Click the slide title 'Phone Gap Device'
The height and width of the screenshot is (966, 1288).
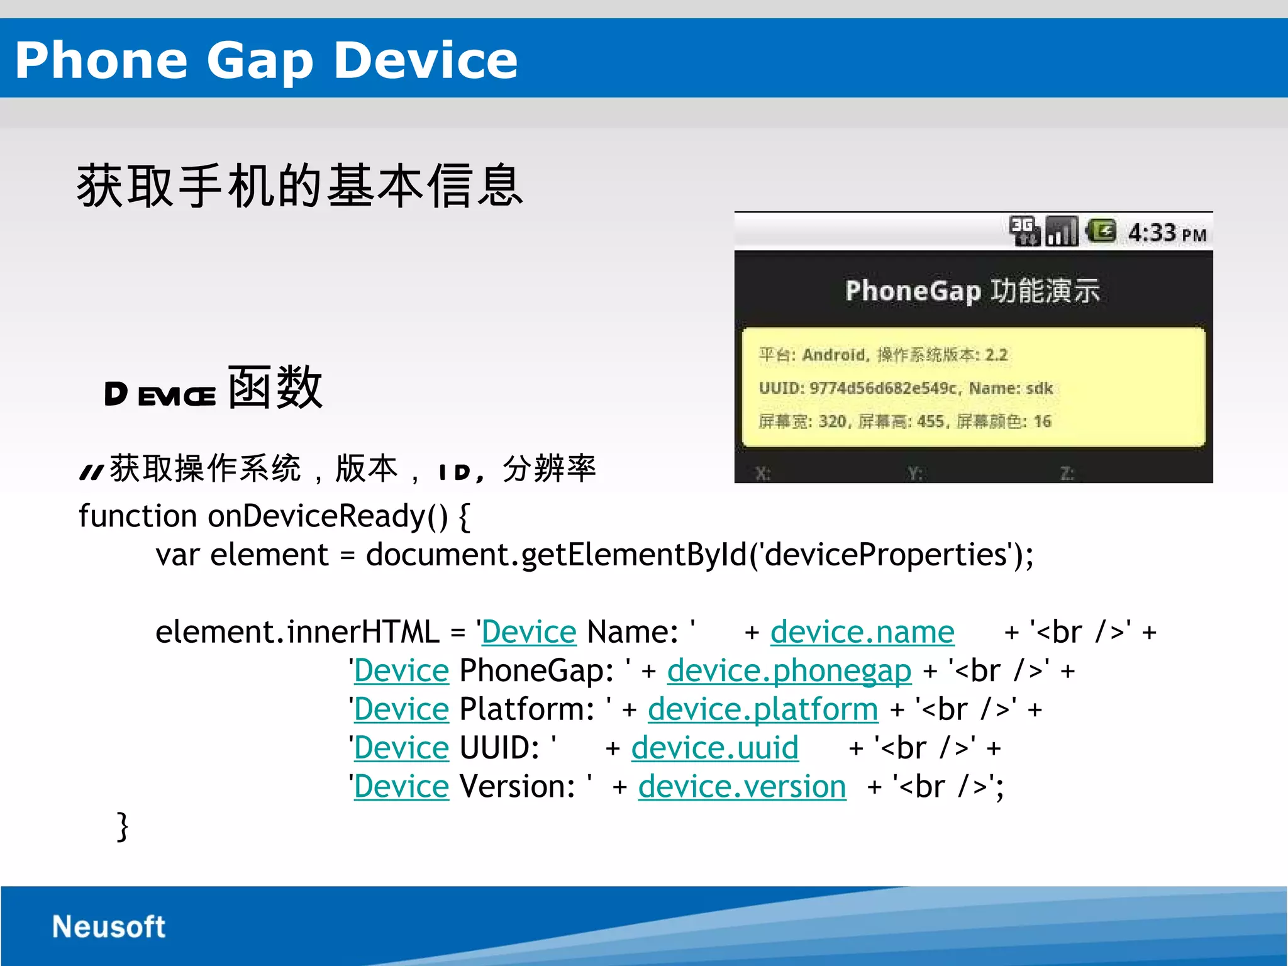(x=266, y=60)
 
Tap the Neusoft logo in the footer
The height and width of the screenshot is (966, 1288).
(x=108, y=926)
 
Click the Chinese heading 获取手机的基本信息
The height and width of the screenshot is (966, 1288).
(x=299, y=186)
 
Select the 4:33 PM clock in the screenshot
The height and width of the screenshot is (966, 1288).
(x=1167, y=233)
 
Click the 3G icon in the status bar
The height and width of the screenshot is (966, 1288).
(x=1024, y=231)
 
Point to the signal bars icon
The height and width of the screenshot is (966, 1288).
(x=1062, y=231)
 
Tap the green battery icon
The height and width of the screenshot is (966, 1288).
(x=1101, y=231)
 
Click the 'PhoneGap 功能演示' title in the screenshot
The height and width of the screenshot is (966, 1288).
(x=972, y=291)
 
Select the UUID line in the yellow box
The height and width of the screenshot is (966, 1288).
(x=906, y=388)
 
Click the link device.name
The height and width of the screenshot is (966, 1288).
(x=862, y=631)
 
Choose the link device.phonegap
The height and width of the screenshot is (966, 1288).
(x=789, y=670)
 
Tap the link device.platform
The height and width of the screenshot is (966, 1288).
(x=763, y=709)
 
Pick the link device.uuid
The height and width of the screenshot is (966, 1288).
(x=715, y=748)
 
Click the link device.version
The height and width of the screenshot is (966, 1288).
(x=742, y=787)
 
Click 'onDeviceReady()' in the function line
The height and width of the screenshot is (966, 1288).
(x=328, y=516)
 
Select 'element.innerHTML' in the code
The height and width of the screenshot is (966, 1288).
(x=297, y=632)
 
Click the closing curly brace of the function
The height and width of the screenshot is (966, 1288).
(x=123, y=826)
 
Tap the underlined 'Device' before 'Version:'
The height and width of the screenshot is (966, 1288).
(x=401, y=787)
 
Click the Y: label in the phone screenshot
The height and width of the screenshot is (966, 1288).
(x=915, y=473)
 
